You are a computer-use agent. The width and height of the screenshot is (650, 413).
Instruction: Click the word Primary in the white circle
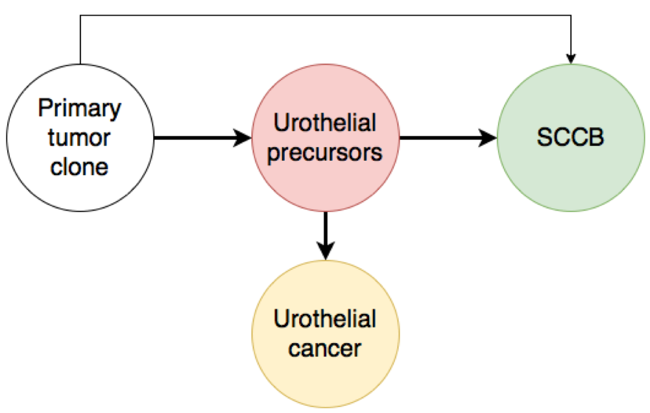coord(80,108)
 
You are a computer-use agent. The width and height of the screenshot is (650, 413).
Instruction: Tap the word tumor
coord(78,137)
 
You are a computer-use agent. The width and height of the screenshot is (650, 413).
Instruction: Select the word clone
coord(79,167)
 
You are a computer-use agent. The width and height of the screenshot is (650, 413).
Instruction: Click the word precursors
coord(324,153)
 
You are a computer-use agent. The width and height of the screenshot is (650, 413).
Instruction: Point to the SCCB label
coord(570,137)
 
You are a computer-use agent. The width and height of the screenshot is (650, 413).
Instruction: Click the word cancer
coord(324,349)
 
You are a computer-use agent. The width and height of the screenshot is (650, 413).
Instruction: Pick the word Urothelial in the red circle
coord(325,123)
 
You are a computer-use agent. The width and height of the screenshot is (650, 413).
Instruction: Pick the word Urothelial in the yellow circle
coord(325,319)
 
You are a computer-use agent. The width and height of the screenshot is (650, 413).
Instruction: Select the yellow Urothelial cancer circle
coord(326,381)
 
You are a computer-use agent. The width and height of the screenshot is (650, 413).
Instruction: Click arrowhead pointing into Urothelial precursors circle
coord(243,137)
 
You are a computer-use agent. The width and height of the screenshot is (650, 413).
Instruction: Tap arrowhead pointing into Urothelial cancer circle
coord(326,252)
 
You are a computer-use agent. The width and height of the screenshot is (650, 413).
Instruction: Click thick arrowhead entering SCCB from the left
coord(488,137)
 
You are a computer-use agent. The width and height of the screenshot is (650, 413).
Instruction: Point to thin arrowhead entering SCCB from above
coord(571,59)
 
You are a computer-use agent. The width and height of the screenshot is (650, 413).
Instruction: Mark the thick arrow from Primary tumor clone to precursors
coord(202,137)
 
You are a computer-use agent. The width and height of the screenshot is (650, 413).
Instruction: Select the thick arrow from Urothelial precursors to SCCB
coord(448,137)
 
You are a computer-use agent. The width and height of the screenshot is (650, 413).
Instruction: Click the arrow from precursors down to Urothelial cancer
coord(326,236)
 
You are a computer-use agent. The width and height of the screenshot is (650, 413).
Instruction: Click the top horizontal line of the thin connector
coord(326,16)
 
